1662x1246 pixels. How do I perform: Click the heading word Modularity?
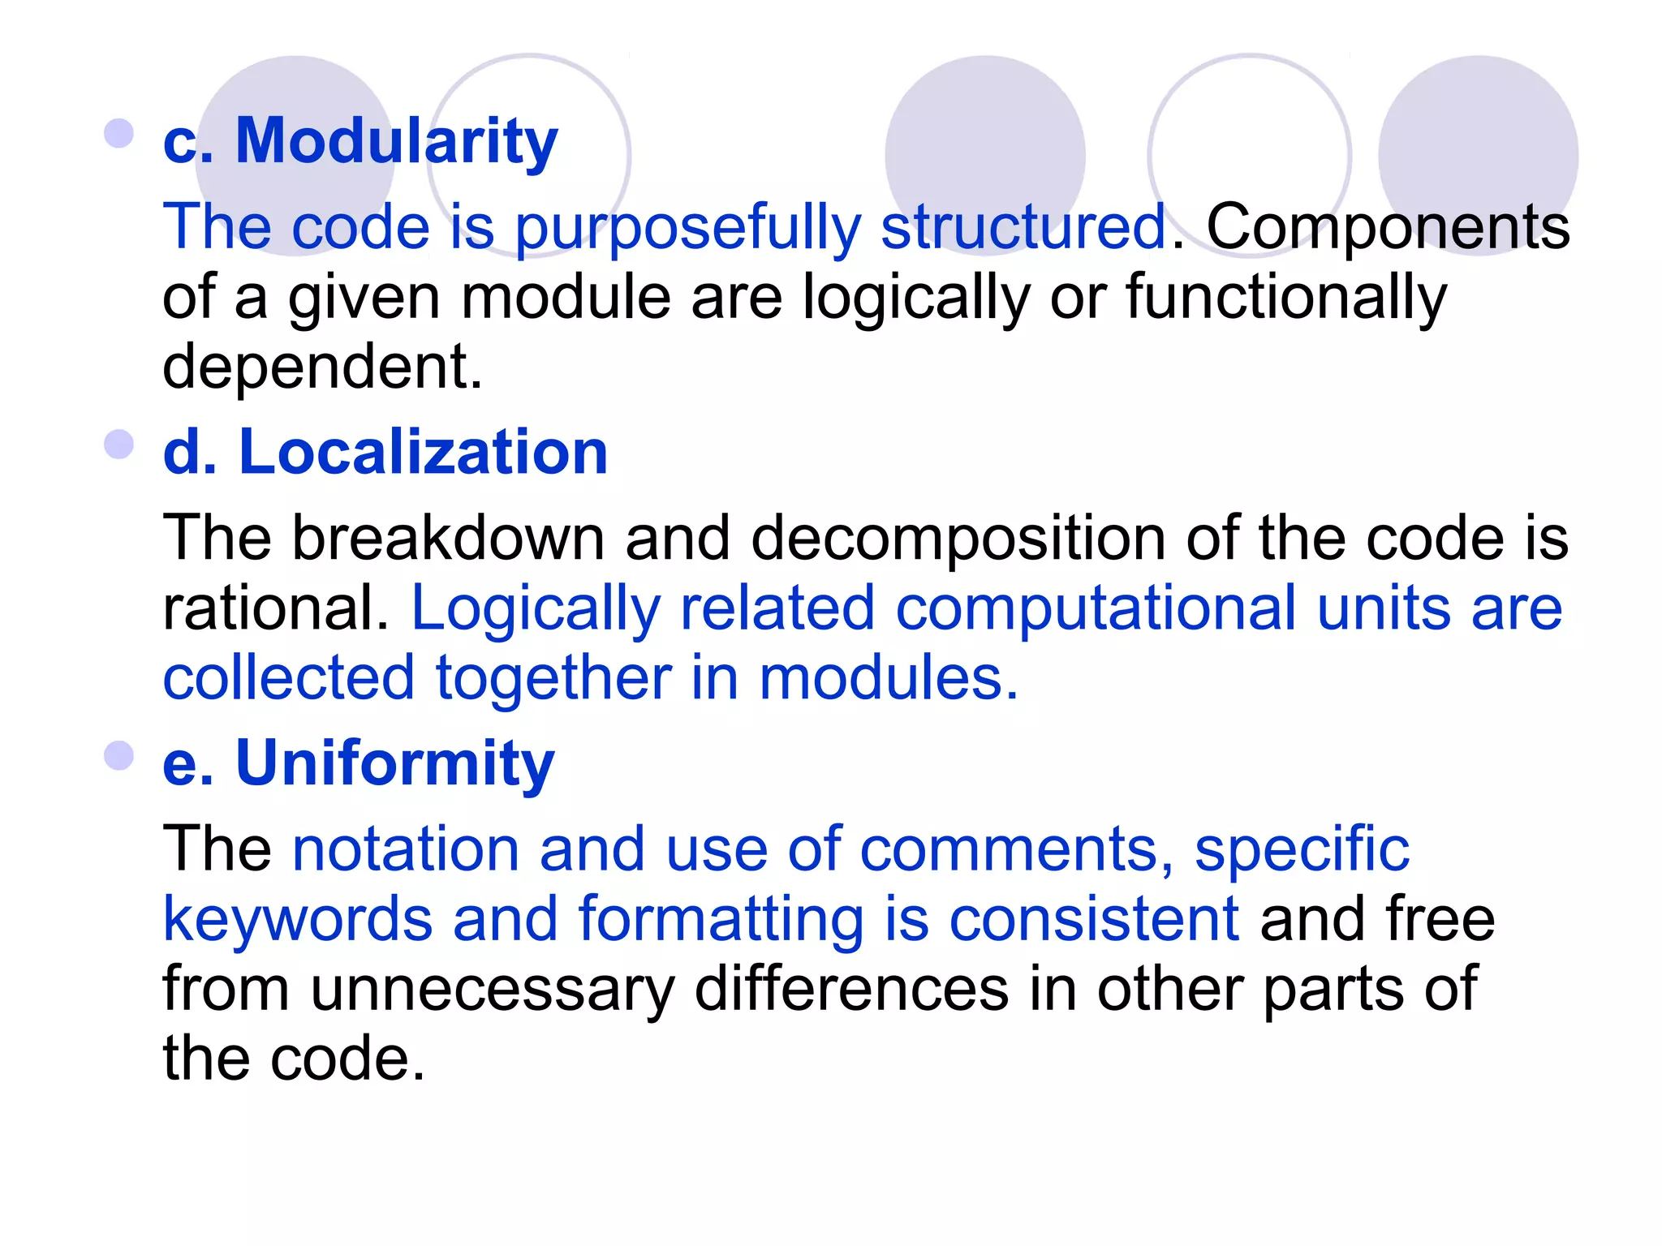coord(396,141)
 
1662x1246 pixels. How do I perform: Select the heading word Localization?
coord(423,453)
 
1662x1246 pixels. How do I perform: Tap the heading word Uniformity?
coord(394,763)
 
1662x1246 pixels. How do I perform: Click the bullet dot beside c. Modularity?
coord(119,134)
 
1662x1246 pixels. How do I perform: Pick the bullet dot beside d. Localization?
coord(119,445)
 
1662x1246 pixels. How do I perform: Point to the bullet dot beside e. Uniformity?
coord(119,756)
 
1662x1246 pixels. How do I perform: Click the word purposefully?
coord(687,227)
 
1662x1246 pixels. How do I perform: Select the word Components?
coord(1388,227)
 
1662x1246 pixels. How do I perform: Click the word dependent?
coord(322,367)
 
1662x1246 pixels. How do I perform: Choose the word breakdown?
coord(448,539)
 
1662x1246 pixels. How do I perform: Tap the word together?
coord(553,678)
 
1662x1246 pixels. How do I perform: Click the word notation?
coord(406,849)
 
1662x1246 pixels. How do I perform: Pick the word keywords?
coord(298,919)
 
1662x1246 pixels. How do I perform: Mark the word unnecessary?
coord(493,989)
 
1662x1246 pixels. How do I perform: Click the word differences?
coord(852,989)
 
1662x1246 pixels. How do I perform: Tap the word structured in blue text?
coord(1024,227)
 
